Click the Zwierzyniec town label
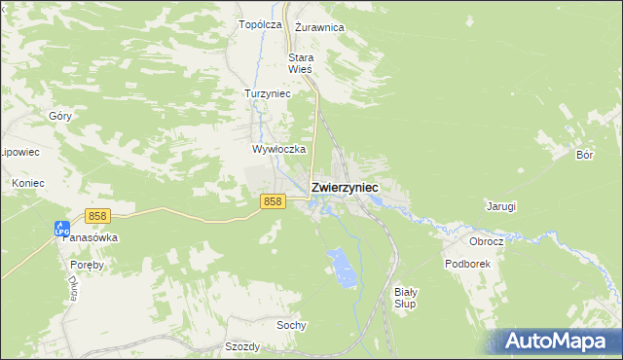pos(345,188)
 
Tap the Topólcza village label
pos(260,24)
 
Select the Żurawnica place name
pos(319,27)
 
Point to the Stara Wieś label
pos(300,63)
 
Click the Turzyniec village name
pos(267,93)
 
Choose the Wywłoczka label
pos(279,150)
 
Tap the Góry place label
pos(60,116)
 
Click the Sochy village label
pos(291,325)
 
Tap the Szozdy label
pos(242,346)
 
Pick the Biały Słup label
pos(406,298)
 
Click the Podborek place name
pos(467,264)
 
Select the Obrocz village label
pos(486,241)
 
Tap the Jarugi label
pos(500,206)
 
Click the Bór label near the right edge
pos(584,155)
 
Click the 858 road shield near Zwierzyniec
pos(273,200)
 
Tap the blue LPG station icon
pos(62,228)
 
